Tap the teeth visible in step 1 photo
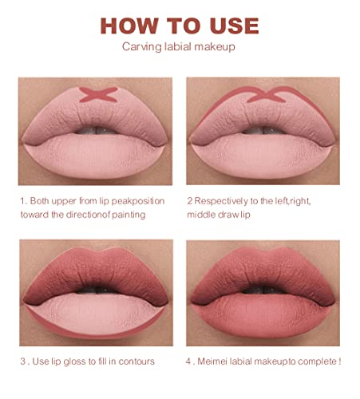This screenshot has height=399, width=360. pos(96,130)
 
